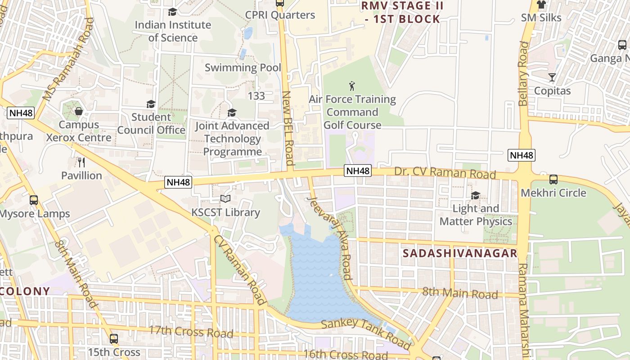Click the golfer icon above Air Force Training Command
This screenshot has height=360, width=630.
click(352, 85)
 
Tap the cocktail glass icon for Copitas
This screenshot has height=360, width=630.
click(552, 77)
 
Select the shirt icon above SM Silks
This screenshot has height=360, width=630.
click(541, 5)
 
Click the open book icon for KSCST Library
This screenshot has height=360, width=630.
click(225, 198)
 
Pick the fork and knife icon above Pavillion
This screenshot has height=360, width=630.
click(81, 162)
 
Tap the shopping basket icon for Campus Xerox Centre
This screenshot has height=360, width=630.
click(79, 111)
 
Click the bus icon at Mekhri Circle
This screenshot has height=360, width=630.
click(553, 180)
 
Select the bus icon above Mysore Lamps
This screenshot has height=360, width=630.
click(34, 200)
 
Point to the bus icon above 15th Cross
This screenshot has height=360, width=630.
click(114, 339)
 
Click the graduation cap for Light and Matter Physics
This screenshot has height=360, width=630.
click(475, 195)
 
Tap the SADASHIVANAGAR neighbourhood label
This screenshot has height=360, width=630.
click(460, 253)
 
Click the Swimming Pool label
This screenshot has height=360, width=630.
click(243, 68)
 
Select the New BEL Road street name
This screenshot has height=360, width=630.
click(288, 128)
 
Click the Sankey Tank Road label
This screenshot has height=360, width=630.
click(365, 333)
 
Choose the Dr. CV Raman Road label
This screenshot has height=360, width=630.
click(445, 173)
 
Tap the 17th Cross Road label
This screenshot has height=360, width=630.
click(191, 332)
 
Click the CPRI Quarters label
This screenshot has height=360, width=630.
click(280, 15)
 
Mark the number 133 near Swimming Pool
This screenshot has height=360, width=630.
click(256, 96)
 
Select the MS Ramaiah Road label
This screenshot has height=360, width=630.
click(68, 59)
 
